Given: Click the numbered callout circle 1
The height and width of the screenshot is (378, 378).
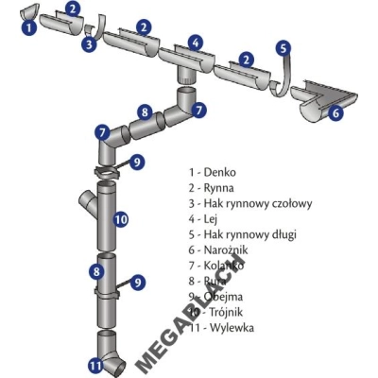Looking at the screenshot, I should click(29, 28).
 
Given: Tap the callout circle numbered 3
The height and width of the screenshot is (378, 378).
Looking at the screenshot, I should click(87, 43).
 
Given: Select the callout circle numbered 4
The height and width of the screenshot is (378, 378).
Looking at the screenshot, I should click(195, 43).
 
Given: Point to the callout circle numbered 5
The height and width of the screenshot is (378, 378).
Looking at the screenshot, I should click(283, 46).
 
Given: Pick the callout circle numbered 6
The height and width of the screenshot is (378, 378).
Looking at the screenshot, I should click(335, 112).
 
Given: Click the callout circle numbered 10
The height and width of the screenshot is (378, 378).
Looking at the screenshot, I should click(120, 220).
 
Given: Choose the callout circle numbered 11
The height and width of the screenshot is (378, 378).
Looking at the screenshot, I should click(94, 364).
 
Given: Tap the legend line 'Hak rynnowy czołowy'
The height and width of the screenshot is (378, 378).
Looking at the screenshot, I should click(249, 203).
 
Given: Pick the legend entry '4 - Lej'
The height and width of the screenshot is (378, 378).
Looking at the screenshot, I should click(204, 219).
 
